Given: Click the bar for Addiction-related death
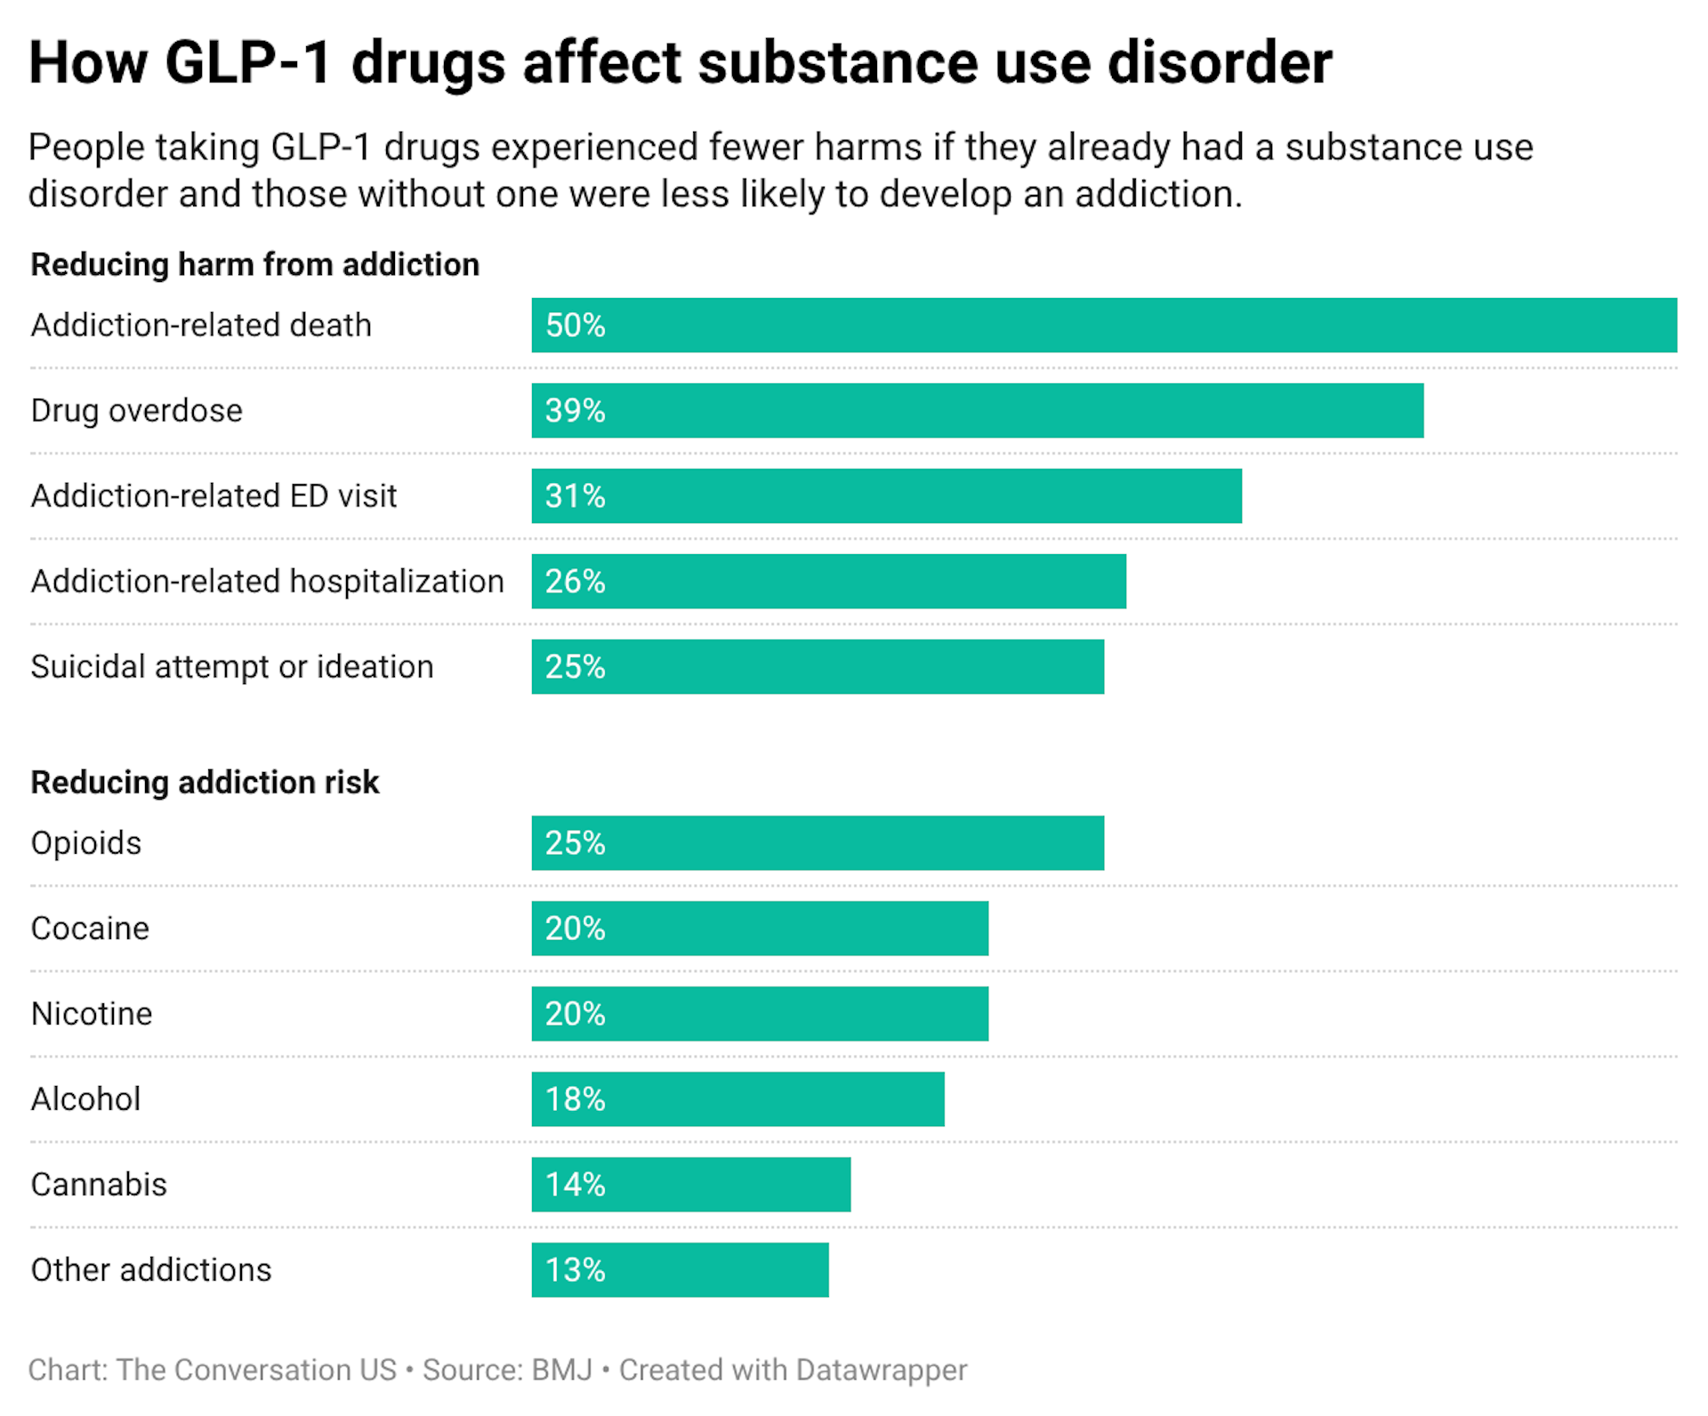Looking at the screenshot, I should (x=1103, y=326).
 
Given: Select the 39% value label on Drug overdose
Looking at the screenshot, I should (x=575, y=411).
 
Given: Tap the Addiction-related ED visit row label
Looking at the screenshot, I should (x=213, y=496).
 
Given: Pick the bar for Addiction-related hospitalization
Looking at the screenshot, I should (x=827, y=582).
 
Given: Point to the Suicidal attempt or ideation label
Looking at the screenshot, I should (x=231, y=667).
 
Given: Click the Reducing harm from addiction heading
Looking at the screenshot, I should (x=254, y=265).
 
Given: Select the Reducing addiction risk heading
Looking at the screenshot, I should (x=205, y=783).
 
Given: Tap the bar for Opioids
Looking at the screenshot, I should (x=817, y=843).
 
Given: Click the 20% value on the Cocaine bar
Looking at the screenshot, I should (x=575, y=929).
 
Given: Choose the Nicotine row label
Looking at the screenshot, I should (x=92, y=1014).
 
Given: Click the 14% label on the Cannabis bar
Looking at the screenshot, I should (x=575, y=1185).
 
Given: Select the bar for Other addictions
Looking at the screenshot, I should (x=680, y=1270).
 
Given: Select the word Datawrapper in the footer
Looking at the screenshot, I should (x=881, y=1370).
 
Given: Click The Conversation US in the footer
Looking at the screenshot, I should (x=256, y=1370).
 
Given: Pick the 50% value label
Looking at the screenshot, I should (x=575, y=326).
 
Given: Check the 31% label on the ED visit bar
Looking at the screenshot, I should (x=575, y=496).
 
